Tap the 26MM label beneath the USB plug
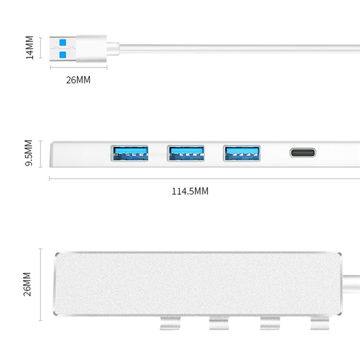[x=78, y=80]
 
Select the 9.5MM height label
[x=28, y=154]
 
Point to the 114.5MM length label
[x=190, y=191]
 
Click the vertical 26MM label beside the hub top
[x=27, y=284]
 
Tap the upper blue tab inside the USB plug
[x=62, y=42]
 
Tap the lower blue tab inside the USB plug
[x=62, y=54]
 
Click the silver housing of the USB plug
[x=91, y=48]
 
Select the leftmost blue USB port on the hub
[x=130, y=153]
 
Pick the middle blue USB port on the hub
[x=186, y=153]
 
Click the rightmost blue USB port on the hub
[x=241, y=153]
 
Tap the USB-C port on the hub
[x=302, y=153]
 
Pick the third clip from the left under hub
[x=270, y=323]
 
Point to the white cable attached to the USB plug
[x=240, y=48]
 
